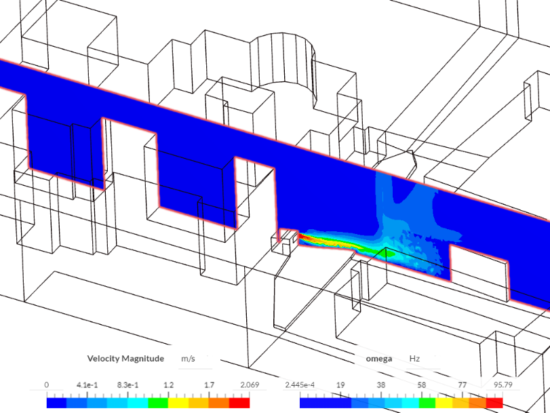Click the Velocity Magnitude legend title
coord(125,358)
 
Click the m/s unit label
coord(188,358)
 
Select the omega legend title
coord(378,358)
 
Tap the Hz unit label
coord(415,358)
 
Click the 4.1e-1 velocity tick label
coord(86,385)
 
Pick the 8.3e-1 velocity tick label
coord(127,385)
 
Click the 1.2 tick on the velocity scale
coord(168,385)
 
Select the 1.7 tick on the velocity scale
coord(209,385)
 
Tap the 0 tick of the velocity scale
coord(47,385)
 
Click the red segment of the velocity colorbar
coord(240,402)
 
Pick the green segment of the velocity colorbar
coord(159,402)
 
